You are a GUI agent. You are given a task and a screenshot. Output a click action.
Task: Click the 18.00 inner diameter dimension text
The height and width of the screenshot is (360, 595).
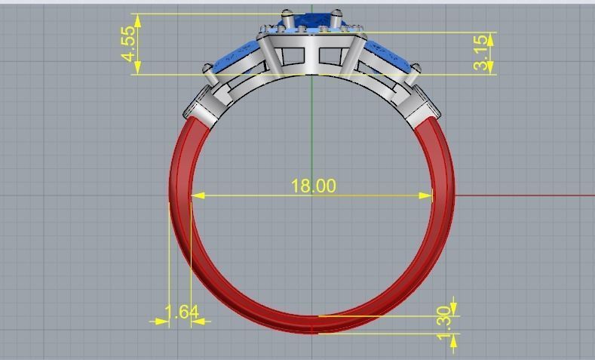tap(313, 186)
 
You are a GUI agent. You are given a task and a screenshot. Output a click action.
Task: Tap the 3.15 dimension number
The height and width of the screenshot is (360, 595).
tap(481, 54)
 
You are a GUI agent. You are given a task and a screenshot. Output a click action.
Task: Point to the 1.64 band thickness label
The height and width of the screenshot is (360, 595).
tap(181, 312)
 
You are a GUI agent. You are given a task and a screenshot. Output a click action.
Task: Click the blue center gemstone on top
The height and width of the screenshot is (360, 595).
tap(311, 20)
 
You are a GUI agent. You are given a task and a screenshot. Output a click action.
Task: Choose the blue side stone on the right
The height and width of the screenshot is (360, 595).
tap(388, 57)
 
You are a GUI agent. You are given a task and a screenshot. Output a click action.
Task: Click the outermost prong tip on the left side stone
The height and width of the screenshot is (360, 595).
tap(207, 69)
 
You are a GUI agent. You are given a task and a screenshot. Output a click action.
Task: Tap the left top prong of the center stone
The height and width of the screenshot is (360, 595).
tap(287, 14)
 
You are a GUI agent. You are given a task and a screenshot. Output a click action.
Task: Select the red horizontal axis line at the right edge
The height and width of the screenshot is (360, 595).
tap(528, 195)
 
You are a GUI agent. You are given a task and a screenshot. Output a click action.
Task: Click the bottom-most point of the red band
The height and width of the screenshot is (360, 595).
tap(312, 331)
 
